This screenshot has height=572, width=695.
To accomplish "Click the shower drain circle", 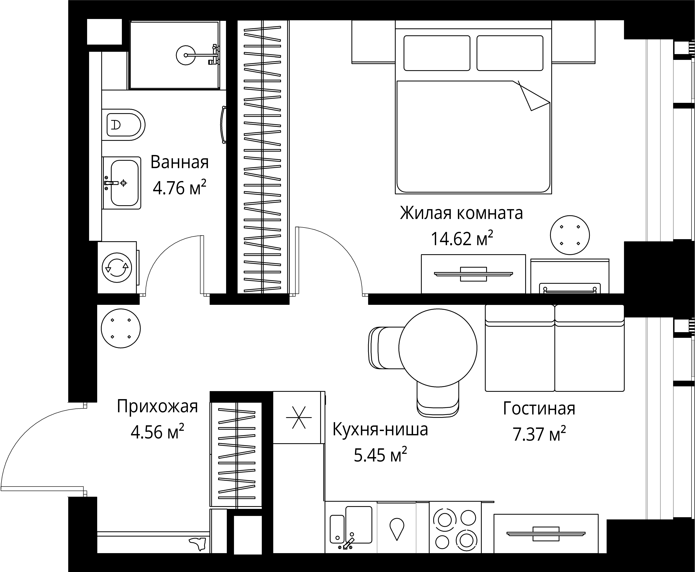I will (x=186, y=55).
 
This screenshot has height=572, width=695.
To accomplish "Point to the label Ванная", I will (x=180, y=162).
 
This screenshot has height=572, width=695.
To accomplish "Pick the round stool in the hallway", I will (x=121, y=329).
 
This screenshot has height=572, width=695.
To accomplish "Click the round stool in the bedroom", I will (x=570, y=235).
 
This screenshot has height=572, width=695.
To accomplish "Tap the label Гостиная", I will (x=539, y=409).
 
